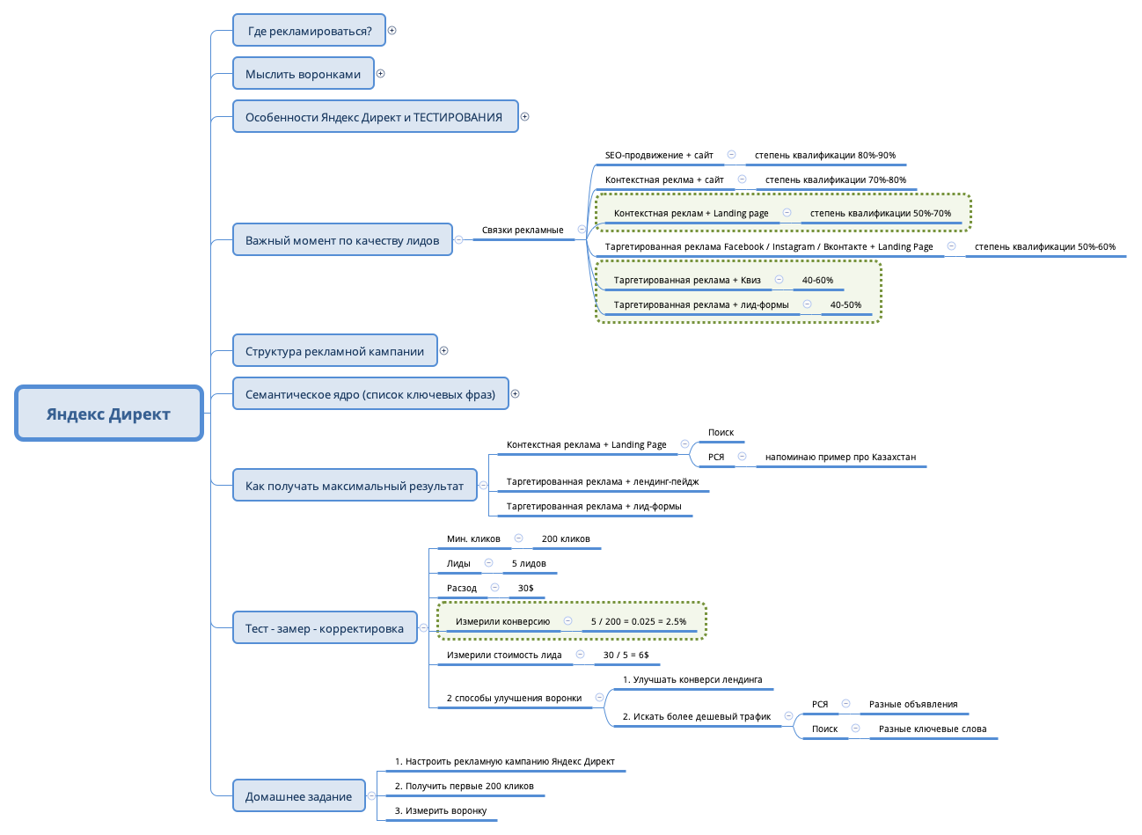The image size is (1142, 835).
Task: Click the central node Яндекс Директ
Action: pos(108,414)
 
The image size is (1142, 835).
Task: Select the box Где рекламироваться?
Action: pos(309,31)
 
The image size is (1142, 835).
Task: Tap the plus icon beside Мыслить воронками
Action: pos(381,74)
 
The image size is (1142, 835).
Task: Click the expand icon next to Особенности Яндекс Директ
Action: pos(525,117)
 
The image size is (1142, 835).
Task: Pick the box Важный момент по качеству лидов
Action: pos(341,240)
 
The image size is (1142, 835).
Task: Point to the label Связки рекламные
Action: pos(523,231)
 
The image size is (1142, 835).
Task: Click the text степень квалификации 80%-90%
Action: pos(824,156)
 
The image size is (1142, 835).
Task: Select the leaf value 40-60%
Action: pos(817,281)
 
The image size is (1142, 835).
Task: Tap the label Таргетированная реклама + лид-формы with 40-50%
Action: pos(700,305)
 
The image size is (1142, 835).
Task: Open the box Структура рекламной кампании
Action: pos(334,351)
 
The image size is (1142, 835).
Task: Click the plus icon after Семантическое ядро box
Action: pos(516,394)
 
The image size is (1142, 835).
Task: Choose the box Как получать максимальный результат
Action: pos(354,486)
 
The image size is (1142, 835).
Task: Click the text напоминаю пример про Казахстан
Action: pos(840,458)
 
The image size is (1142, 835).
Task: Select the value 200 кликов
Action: pos(566,539)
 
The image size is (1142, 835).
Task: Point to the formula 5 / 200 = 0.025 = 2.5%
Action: pos(639,622)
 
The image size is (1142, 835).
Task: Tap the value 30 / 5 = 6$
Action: pos(626,656)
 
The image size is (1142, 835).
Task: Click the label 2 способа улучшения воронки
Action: pos(514,699)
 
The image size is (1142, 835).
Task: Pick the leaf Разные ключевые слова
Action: pos(932,729)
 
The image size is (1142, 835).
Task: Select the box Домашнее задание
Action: pos(298,796)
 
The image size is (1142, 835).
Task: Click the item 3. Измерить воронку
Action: pos(440,811)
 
